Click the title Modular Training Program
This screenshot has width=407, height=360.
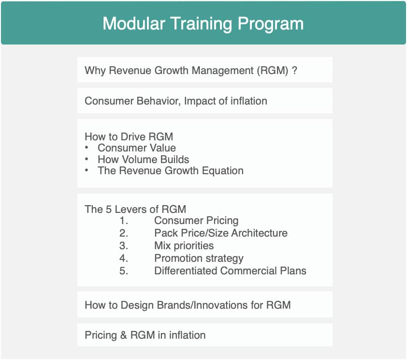click(x=203, y=23)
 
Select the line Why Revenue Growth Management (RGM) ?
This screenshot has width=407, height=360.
click(x=190, y=70)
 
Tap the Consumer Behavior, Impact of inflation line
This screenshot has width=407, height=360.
click(x=175, y=101)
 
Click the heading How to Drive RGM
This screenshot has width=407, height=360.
click(x=129, y=136)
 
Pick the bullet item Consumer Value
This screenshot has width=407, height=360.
click(x=136, y=148)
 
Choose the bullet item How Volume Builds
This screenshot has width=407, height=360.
click(x=143, y=159)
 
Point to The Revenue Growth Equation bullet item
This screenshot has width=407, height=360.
click(x=170, y=171)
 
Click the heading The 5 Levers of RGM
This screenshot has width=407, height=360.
click(x=135, y=209)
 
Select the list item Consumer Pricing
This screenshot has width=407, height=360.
click(x=196, y=221)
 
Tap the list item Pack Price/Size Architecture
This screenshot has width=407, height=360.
click(x=220, y=233)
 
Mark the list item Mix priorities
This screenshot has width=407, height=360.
click(x=184, y=246)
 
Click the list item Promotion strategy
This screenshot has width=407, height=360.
click(x=199, y=258)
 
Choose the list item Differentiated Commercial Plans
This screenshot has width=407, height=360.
click(x=230, y=270)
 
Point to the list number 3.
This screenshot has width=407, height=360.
click(x=124, y=246)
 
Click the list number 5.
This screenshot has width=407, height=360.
click(x=124, y=270)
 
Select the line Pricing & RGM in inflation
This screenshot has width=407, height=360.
click(x=145, y=335)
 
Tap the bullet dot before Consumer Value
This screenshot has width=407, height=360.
click(x=87, y=148)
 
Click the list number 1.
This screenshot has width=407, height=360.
click(x=124, y=221)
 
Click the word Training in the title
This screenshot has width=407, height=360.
click(x=203, y=23)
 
